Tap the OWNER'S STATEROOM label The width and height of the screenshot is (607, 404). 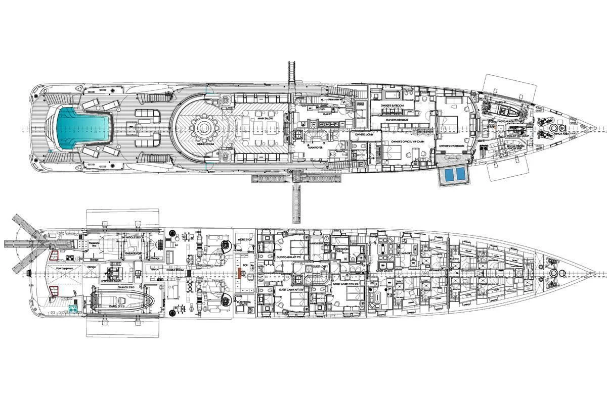(452, 146)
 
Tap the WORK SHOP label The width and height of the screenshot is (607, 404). (244, 239)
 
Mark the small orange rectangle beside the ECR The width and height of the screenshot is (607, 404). (240, 274)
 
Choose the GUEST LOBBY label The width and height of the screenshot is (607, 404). (320, 266)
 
